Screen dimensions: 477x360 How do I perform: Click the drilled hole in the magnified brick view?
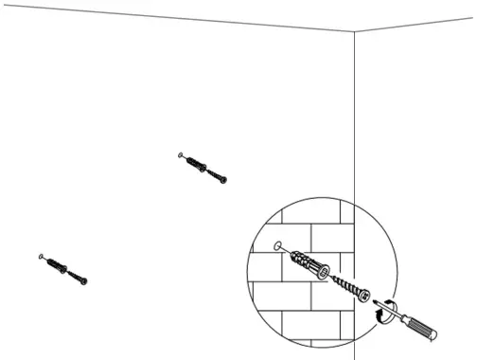(275, 245)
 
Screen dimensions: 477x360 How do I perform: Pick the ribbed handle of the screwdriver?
(423, 328)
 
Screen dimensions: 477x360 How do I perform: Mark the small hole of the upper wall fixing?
(179, 152)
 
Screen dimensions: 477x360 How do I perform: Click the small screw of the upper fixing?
(217, 174)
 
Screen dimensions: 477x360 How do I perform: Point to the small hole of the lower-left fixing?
(40, 256)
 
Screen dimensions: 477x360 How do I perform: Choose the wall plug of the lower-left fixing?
(56, 265)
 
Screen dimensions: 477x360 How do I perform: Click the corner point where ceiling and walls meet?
(355, 31)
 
